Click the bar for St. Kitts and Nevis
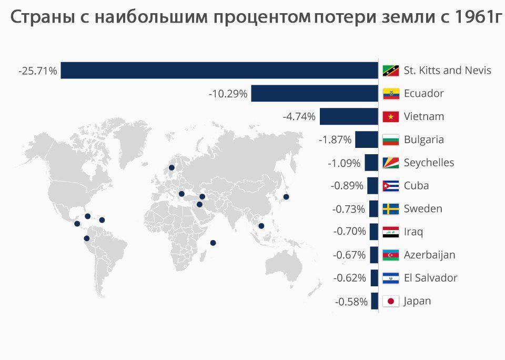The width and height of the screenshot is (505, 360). (219, 70)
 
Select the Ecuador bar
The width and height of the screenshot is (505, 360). (315, 94)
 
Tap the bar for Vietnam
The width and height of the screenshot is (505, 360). (349, 116)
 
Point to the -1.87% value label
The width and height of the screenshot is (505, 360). (335, 140)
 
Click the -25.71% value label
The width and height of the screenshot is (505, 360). (37, 71)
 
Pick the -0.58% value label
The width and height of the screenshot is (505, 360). (351, 302)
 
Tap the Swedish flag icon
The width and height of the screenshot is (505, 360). (391, 209)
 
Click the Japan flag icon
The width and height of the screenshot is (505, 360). (391, 302)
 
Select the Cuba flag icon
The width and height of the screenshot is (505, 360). (391, 186)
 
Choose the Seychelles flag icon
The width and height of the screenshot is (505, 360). (391, 163)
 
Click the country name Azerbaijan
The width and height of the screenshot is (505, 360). (429, 255)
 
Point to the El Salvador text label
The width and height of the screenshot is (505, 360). (430, 278)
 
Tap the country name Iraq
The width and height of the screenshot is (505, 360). (413, 232)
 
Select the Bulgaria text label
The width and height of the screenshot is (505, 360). (423, 139)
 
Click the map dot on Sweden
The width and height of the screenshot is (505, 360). (171, 168)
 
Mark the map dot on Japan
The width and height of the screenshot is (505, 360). (286, 197)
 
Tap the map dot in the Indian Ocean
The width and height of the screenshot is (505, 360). (213, 243)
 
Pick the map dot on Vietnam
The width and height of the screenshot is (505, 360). (261, 226)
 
